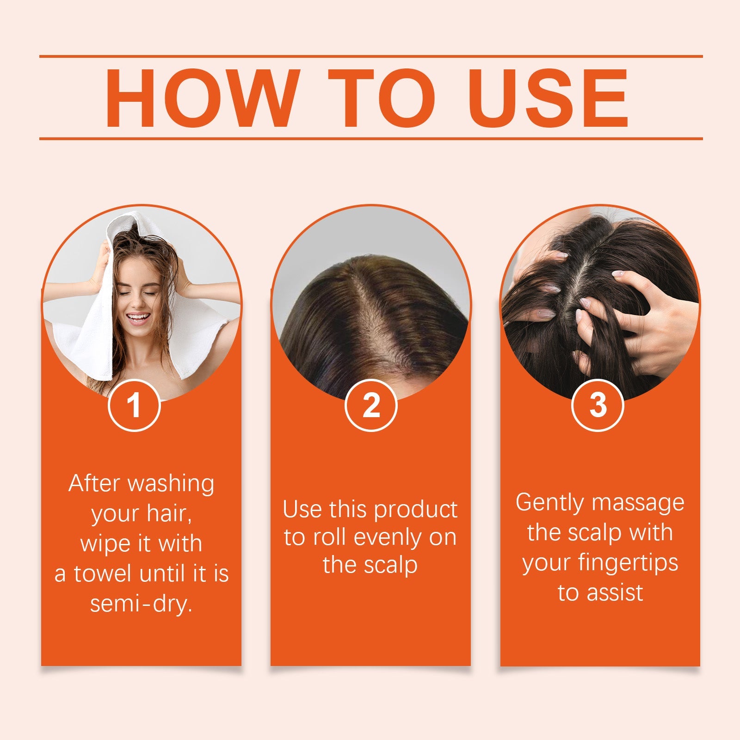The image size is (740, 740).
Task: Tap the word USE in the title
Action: coord(549,98)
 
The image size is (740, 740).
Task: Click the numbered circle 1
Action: coord(134,405)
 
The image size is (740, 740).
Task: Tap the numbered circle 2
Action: coord(371,405)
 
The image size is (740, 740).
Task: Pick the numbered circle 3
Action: coord(598,405)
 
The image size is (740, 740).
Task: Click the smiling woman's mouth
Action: coord(138,319)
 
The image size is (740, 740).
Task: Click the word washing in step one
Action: coord(171,484)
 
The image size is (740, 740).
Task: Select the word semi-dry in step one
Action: coord(141,604)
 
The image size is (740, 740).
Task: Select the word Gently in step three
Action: coord(549,503)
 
